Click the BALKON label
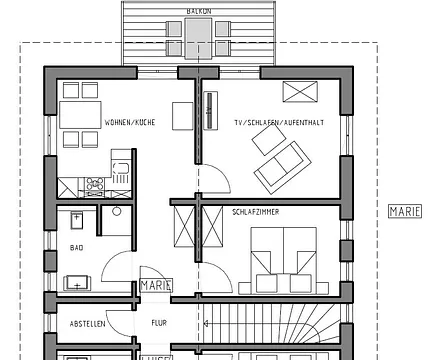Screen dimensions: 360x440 [x=197, y=11]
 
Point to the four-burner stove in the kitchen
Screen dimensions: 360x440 [x=96, y=184]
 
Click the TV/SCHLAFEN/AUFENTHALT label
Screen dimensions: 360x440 [x=276, y=121]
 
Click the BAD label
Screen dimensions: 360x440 [x=76, y=245]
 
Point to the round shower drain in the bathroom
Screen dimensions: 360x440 [x=116, y=212]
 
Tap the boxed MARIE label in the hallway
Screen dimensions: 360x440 [x=156, y=284]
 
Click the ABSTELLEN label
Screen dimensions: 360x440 [x=89, y=323]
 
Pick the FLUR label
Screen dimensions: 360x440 [x=159, y=323]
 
